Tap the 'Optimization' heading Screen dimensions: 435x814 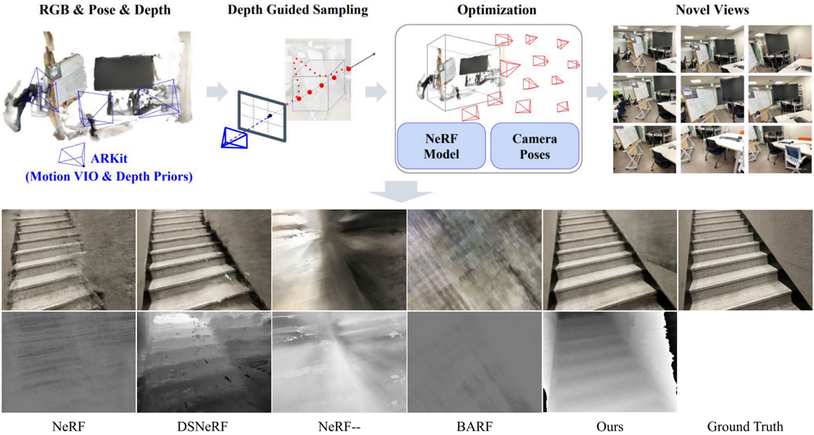pos(496,11)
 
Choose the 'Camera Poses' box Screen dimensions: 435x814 pos(534,147)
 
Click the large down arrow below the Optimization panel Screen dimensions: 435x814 pos(406,193)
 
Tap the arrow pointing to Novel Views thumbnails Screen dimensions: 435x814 pos(598,92)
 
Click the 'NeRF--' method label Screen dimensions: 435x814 pos(340,426)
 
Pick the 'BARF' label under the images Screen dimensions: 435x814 pos(474,426)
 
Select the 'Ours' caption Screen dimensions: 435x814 pos(609,426)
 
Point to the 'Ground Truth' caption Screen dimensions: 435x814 pos(745,426)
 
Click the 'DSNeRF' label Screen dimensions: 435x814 pos(204,426)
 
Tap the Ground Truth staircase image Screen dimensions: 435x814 pos(745,260)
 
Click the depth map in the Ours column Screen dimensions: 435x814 pos(609,362)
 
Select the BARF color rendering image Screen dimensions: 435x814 pos(474,260)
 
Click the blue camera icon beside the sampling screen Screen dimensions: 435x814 pos(234,137)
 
